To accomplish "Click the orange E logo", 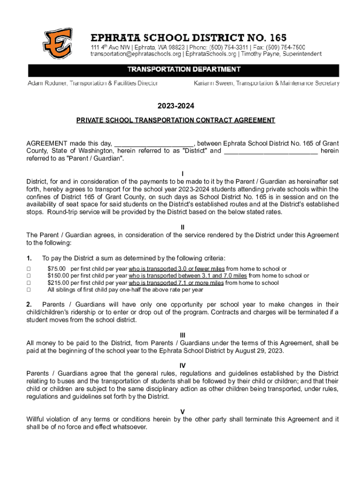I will point(58,44).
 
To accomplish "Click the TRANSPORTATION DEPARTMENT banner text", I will point(184,70).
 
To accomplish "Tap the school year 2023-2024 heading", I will point(183,106).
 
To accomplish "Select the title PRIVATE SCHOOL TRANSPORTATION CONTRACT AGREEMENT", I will point(176,120).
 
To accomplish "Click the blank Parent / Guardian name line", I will point(271,151).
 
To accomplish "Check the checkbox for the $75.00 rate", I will point(29,269).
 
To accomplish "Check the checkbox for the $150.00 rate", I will point(29,276).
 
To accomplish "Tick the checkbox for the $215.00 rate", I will point(29,283).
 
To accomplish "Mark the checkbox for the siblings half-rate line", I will point(29,290).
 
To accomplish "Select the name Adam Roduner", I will point(49,83).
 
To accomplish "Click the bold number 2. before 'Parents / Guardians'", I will point(29,305).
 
